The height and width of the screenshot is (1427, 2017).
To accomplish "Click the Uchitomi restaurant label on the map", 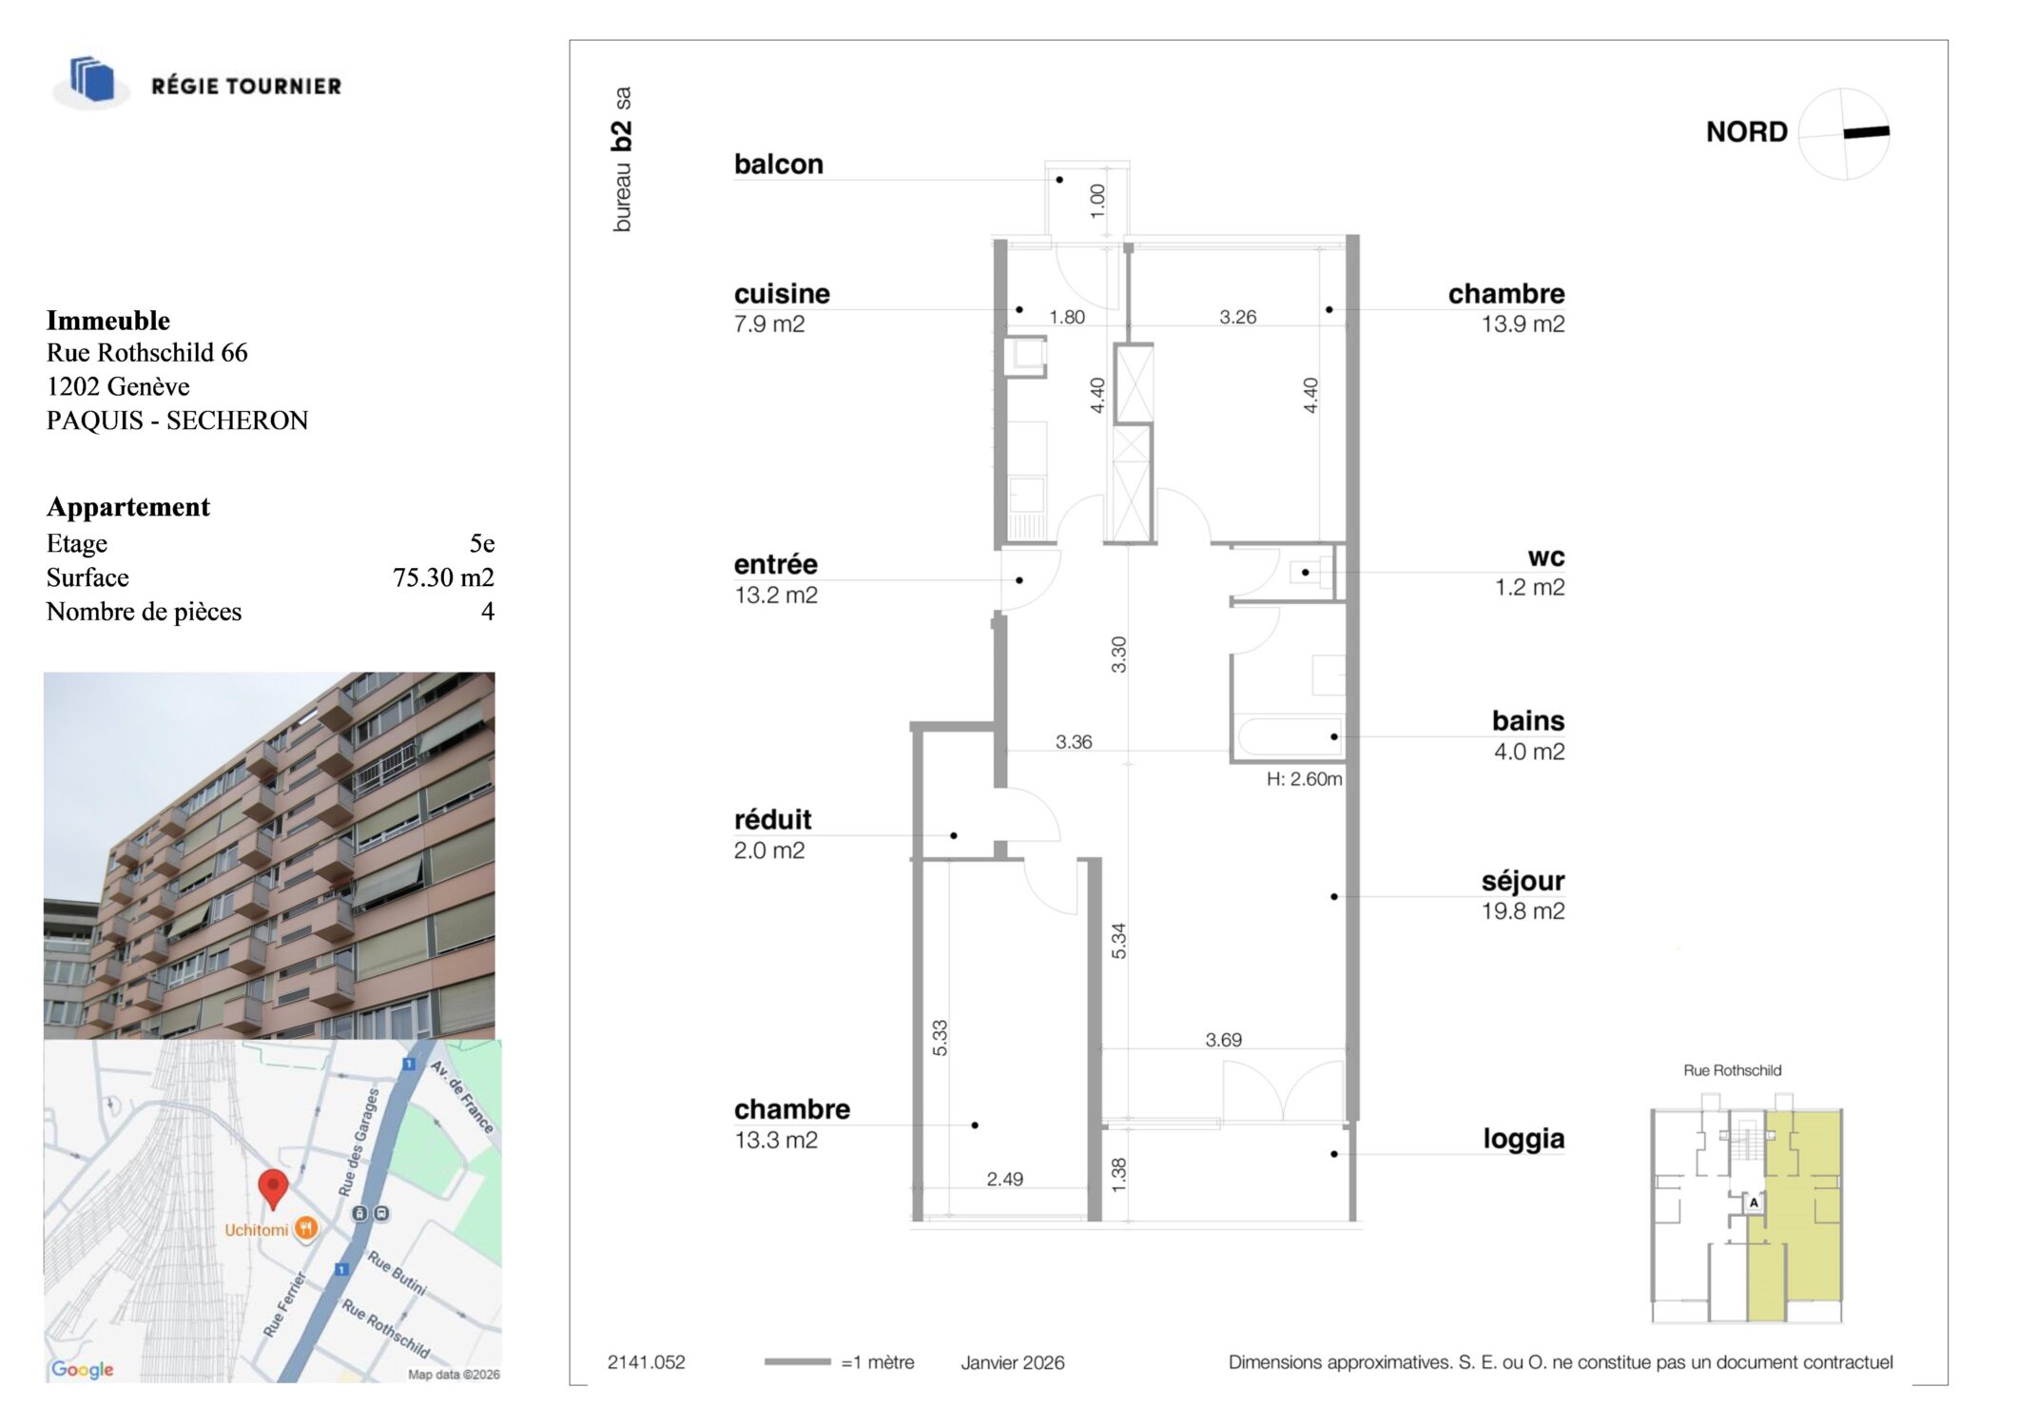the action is [256, 1230].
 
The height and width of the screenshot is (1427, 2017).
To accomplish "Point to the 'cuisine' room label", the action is [782, 294].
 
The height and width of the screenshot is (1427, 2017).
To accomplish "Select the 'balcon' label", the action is [779, 165].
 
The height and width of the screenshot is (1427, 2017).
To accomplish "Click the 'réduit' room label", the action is [772, 820].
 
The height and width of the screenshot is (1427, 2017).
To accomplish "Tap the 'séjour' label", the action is [1522, 882].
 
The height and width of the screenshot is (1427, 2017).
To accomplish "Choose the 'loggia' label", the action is [1523, 1139].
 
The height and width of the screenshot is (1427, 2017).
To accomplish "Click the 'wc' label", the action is [1546, 557].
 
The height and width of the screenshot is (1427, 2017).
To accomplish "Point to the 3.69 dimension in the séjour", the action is [1223, 1040].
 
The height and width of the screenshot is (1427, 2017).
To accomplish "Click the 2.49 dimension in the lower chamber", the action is [1004, 1180].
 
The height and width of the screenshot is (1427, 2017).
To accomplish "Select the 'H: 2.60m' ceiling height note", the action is [1304, 779].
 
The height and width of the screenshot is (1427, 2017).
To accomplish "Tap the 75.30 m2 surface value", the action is [443, 577].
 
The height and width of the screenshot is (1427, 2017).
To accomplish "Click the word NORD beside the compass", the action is [1746, 132].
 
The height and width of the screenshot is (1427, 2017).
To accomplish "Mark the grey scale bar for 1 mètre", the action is [797, 1362].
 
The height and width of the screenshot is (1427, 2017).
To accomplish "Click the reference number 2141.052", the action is [646, 1362].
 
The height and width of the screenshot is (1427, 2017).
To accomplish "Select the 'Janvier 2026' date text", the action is [1012, 1362].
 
